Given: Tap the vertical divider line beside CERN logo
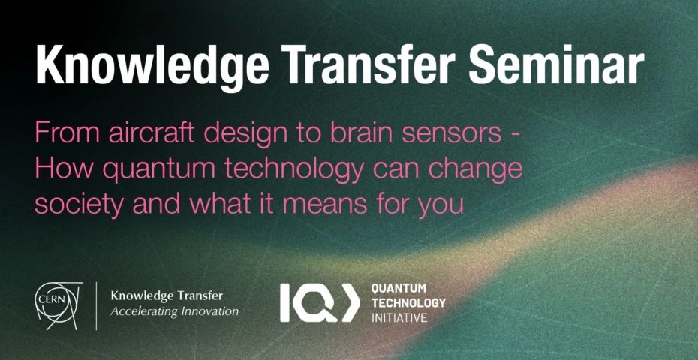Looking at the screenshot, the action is pyautogui.click(x=97, y=306).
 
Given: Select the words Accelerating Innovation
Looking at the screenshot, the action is pyautogui.click(x=174, y=311).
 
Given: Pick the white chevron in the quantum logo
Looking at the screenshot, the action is pyautogui.click(x=351, y=302).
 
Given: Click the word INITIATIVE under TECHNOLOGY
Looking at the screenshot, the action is pyautogui.click(x=399, y=318).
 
